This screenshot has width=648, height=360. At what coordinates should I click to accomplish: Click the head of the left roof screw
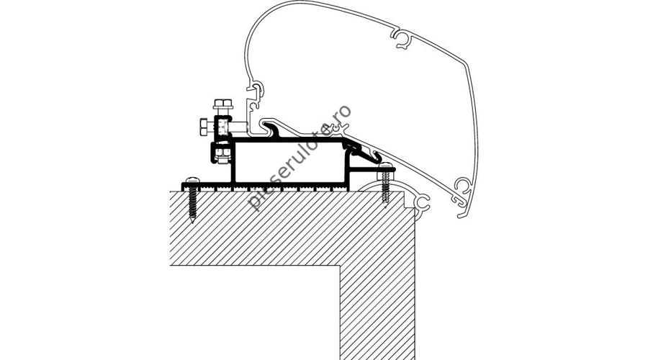tap(192, 180)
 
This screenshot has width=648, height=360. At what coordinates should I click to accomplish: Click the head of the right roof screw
tap(385, 166)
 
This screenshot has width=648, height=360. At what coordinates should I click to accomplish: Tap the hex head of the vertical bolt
tap(223, 103)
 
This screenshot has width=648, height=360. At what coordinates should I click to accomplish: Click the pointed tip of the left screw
tap(192, 222)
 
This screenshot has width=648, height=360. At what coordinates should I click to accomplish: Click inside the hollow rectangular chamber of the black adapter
tap(289, 162)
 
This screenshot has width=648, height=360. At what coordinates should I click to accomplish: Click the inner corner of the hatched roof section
tap(340, 266)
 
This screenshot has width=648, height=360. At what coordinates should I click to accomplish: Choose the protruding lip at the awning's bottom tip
tap(463, 215)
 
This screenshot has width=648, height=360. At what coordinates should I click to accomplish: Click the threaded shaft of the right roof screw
tap(386, 186)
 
